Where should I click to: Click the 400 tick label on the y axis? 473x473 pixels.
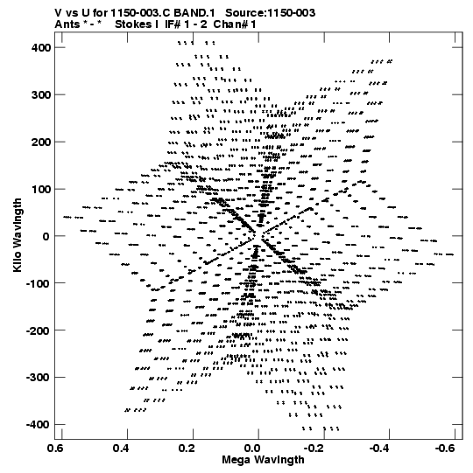[x=41, y=48]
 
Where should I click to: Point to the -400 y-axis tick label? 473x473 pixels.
[x=38, y=424]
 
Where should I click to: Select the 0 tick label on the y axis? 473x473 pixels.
[x=46, y=236]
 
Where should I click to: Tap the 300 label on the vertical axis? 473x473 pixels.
[x=41, y=94]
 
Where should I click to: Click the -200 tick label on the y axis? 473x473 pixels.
[x=38, y=330]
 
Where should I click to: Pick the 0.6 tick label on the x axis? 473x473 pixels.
[x=56, y=449]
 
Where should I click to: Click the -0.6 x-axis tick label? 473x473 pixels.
[x=445, y=449]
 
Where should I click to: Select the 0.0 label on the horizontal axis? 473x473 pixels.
[x=253, y=449]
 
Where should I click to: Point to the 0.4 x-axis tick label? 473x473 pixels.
[x=122, y=449]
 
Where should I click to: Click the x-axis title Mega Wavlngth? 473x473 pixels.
[x=263, y=460]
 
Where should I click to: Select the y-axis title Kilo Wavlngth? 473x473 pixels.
[x=18, y=235]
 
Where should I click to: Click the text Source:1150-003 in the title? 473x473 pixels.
[x=271, y=13]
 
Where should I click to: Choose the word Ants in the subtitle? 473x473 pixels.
[x=67, y=24]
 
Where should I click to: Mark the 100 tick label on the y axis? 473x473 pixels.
[x=41, y=189]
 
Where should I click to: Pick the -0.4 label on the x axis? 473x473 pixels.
[x=379, y=449]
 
